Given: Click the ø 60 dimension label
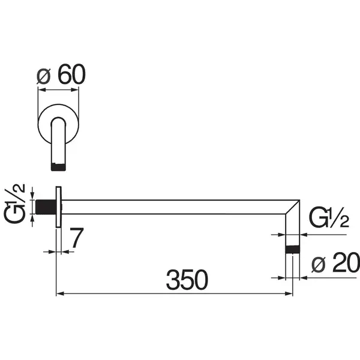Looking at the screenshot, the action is point(61,74).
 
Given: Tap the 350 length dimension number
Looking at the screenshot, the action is point(187,280).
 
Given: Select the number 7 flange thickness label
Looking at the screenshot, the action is point(77,238).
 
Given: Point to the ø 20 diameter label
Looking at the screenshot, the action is point(335,262).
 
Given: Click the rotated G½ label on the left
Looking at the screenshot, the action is point(14,203).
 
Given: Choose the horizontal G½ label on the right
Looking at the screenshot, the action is point(329,217).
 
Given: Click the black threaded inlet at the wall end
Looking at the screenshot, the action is point(46,207).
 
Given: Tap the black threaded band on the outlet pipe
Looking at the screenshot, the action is point(293,250).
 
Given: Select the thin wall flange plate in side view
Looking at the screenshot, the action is point(59,207).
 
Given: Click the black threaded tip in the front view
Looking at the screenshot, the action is point(58,167).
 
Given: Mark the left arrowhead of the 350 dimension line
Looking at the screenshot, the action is point(60,293).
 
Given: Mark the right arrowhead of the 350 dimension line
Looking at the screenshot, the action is point(289,293).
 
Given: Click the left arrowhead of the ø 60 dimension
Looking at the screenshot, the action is point(42,90).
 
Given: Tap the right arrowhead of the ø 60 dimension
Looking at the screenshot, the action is point(75,90).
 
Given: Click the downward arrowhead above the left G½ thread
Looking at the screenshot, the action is point(32,196).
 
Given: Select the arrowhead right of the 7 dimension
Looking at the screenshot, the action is point(65,252).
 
